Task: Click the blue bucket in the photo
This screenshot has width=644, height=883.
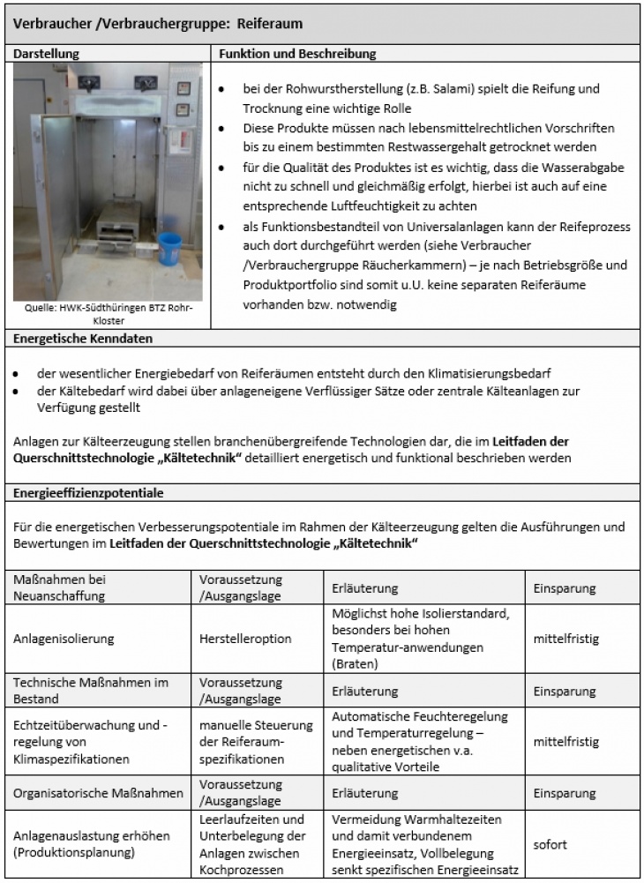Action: (169, 250)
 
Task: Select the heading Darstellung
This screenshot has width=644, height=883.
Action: (46, 54)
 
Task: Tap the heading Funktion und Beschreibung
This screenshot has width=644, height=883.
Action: (298, 54)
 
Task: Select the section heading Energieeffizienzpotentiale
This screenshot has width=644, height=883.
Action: (87, 492)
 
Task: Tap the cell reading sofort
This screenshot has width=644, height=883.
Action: (550, 844)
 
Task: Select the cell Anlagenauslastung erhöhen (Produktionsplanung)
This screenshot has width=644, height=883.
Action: (91, 844)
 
